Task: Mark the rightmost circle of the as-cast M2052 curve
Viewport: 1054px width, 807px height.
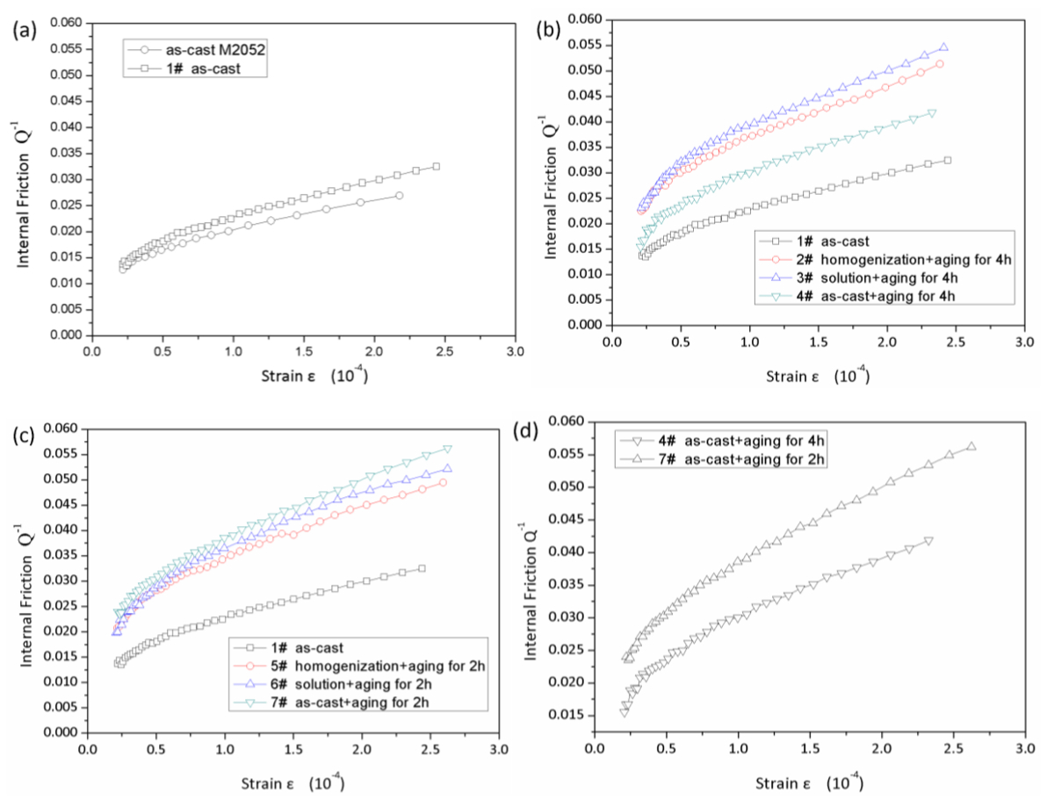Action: click(x=399, y=196)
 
